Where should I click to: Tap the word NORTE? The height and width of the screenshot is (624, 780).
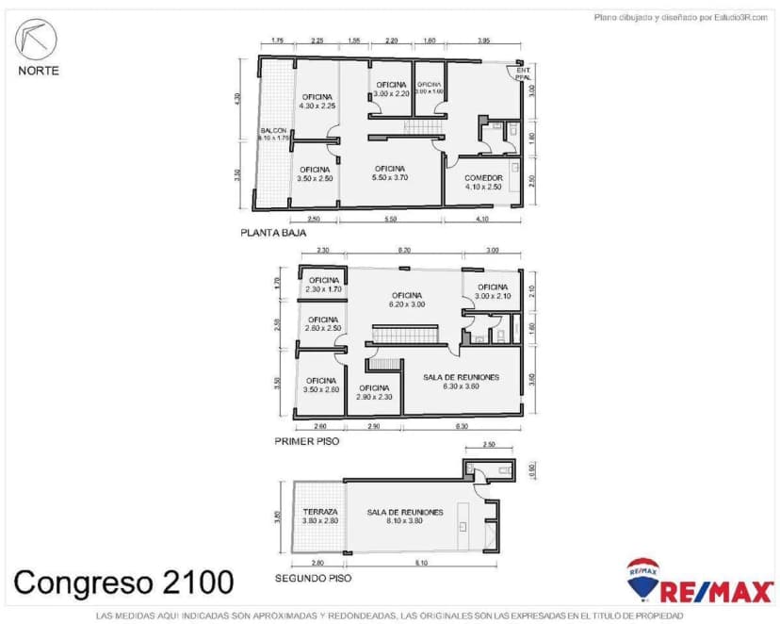(x=38, y=70)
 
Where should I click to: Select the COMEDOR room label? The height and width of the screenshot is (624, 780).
(x=483, y=182)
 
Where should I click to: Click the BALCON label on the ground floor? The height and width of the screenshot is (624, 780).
(x=273, y=134)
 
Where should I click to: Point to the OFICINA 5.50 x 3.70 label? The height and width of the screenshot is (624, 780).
(x=389, y=172)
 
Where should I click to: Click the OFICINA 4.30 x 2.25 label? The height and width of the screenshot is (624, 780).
(x=317, y=102)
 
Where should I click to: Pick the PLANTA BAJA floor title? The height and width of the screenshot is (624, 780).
(x=273, y=232)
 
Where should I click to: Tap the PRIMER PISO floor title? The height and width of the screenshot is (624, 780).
(x=307, y=440)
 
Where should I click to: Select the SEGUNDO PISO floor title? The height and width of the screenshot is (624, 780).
(x=313, y=578)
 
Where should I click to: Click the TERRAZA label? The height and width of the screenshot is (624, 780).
(x=320, y=517)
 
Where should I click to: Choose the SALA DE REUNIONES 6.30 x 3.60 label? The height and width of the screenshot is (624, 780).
(x=461, y=382)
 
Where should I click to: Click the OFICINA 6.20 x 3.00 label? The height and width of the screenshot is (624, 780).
(x=407, y=300)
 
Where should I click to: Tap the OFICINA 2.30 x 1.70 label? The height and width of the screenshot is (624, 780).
(x=323, y=285)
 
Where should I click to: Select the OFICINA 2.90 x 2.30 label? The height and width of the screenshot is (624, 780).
(x=373, y=392)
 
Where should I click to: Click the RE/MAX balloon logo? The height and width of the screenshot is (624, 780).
(x=643, y=578)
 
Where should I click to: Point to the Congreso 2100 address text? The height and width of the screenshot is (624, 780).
(x=123, y=582)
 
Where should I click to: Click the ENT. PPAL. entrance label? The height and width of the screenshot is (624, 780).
(x=523, y=74)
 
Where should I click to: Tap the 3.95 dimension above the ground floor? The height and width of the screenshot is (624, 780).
(x=483, y=41)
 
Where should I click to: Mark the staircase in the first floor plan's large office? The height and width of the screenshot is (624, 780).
(x=406, y=335)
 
